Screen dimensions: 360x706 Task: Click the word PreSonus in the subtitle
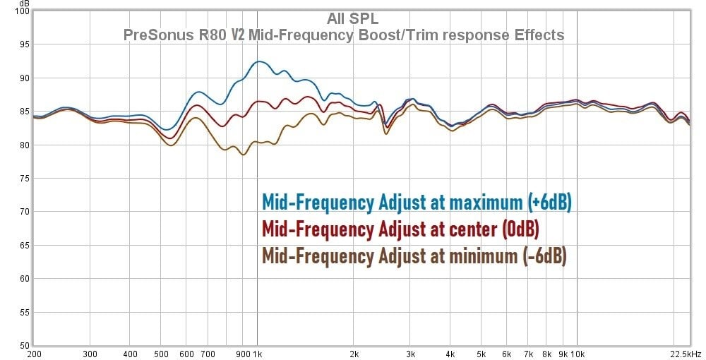(x=152, y=35)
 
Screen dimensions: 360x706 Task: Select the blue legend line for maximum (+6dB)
(x=416, y=203)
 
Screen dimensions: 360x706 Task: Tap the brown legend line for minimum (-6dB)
(x=414, y=256)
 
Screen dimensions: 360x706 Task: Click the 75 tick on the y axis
(x=23, y=179)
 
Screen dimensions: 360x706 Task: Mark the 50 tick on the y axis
(x=23, y=345)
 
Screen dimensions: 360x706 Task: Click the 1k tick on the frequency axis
(x=258, y=354)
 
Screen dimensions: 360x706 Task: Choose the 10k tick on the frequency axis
(x=577, y=354)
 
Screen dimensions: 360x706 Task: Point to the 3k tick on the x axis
(x=410, y=354)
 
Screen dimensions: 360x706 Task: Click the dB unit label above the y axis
(x=24, y=4)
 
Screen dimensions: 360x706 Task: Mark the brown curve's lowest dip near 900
(x=244, y=154)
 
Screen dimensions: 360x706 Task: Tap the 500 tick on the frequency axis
(x=162, y=354)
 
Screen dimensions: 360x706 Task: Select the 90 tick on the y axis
(x=23, y=78)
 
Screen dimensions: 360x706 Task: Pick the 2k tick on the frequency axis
(x=354, y=354)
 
